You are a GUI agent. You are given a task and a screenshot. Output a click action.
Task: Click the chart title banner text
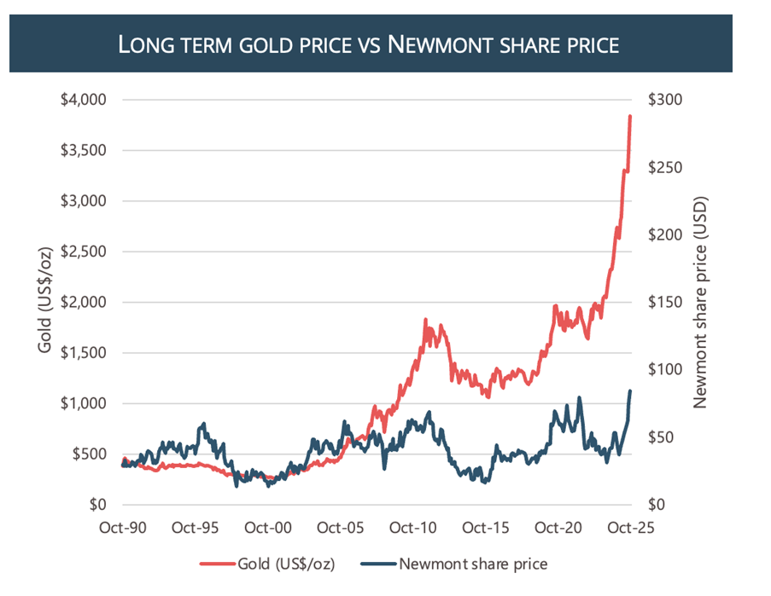coord(367,44)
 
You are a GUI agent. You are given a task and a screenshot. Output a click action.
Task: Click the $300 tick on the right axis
coord(663,100)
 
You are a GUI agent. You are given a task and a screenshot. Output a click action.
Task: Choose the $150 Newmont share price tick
coord(663,302)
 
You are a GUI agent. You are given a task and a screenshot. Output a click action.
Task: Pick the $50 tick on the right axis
coord(660,437)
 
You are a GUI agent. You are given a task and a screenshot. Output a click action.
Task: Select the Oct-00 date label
coord(268,528)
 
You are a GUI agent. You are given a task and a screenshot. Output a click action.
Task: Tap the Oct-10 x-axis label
coord(413,528)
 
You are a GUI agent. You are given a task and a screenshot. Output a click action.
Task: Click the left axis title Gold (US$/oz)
coord(45,302)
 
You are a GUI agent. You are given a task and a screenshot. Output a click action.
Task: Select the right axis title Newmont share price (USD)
coord(701,302)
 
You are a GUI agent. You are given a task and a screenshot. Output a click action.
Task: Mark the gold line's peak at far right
coord(630,116)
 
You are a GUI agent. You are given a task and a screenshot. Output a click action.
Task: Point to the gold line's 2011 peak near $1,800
coord(425,321)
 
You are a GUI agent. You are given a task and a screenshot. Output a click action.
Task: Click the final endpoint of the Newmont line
coord(630,391)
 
